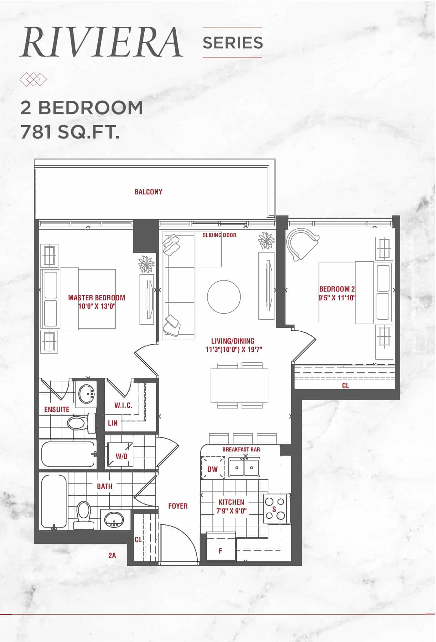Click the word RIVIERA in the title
click(x=101, y=42)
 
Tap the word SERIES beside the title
click(x=233, y=42)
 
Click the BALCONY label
click(x=149, y=192)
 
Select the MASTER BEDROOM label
click(x=97, y=297)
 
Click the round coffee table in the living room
click(x=224, y=297)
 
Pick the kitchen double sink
click(x=244, y=467)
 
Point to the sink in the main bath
click(x=115, y=519)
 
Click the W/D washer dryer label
click(x=122, y=456)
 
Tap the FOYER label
click(x=178, y=506)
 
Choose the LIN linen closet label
click(x=113, y=423)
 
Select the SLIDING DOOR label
click(x=220, y=235)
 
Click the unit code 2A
click(x=112, y=555)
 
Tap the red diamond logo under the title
click(x=33, y=79)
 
